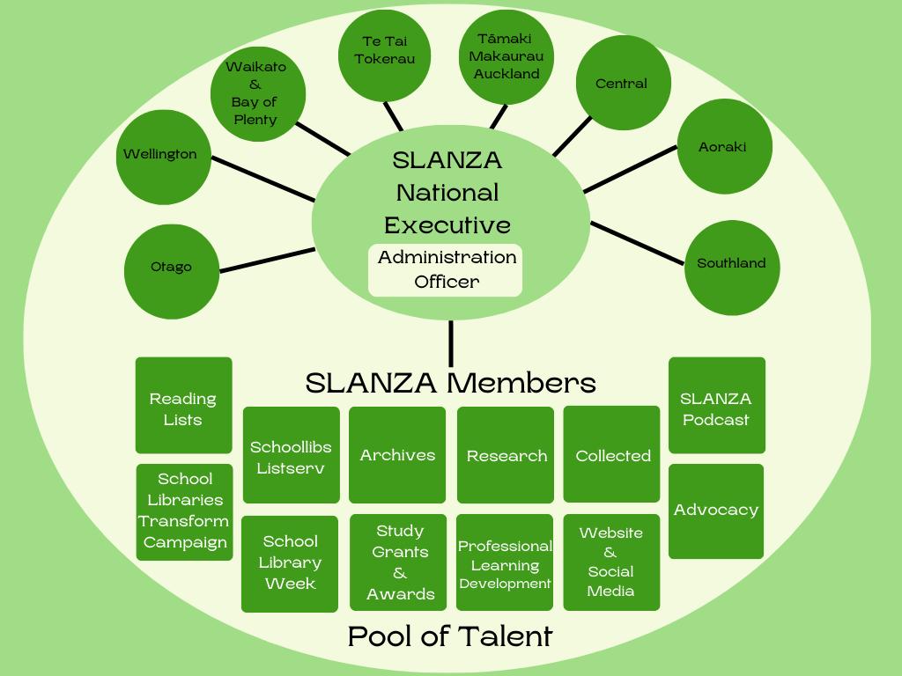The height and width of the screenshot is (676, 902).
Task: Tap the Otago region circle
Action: pos(172,268)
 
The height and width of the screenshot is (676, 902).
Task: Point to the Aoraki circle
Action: pos(723,147)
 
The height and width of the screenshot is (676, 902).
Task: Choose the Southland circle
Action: pos(731,264)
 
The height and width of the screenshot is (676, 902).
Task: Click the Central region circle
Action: pos(623,84)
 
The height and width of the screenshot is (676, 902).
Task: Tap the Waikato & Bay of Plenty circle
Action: pos(256,94)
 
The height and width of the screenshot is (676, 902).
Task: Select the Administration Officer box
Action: pos(446,270)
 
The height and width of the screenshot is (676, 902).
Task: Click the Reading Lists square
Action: pos(183,406)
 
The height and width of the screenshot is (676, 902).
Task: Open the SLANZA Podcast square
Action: pos(716,406)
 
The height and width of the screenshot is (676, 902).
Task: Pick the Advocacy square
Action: pos(716,511)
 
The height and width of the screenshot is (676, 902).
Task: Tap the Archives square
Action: pos(397,454)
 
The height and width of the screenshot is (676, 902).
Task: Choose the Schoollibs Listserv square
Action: pos(291,455)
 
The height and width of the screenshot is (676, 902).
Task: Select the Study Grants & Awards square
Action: pos(399,562)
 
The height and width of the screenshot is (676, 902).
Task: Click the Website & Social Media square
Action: pos(611,562)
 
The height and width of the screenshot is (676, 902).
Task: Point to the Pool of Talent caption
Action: pos(450,636)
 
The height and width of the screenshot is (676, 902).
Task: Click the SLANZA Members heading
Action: pos(450,383)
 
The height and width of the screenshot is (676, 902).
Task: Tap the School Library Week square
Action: pos(290,563)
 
